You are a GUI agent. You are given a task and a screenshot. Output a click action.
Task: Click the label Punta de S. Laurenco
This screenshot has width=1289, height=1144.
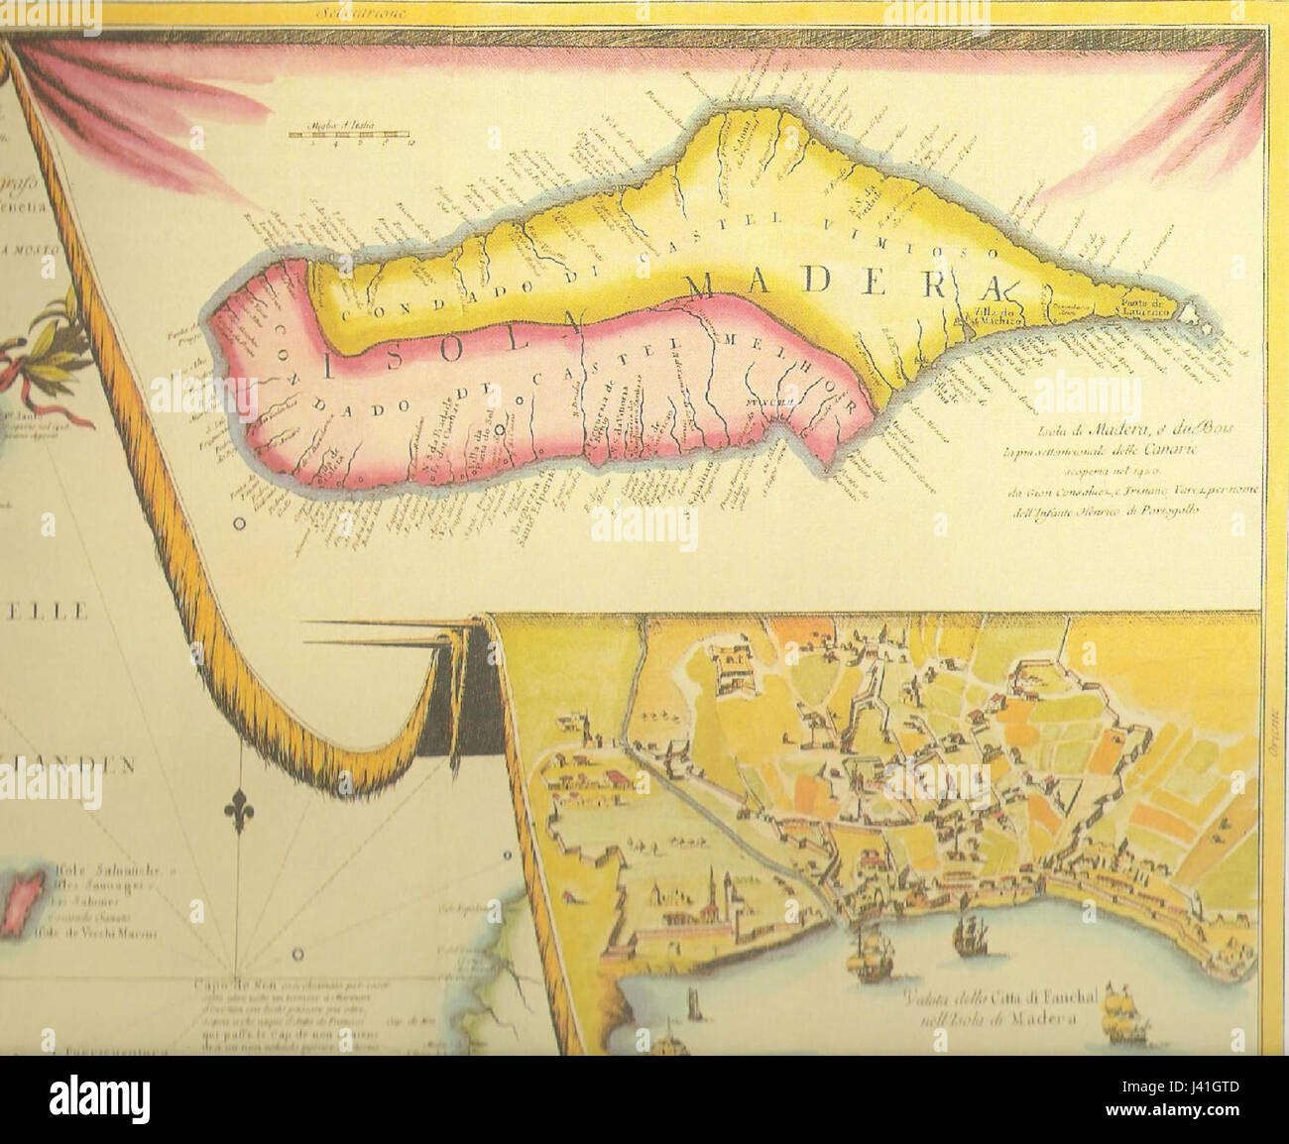[1149, 307]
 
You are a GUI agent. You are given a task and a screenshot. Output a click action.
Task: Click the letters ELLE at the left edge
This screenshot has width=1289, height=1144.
[45, 612]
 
